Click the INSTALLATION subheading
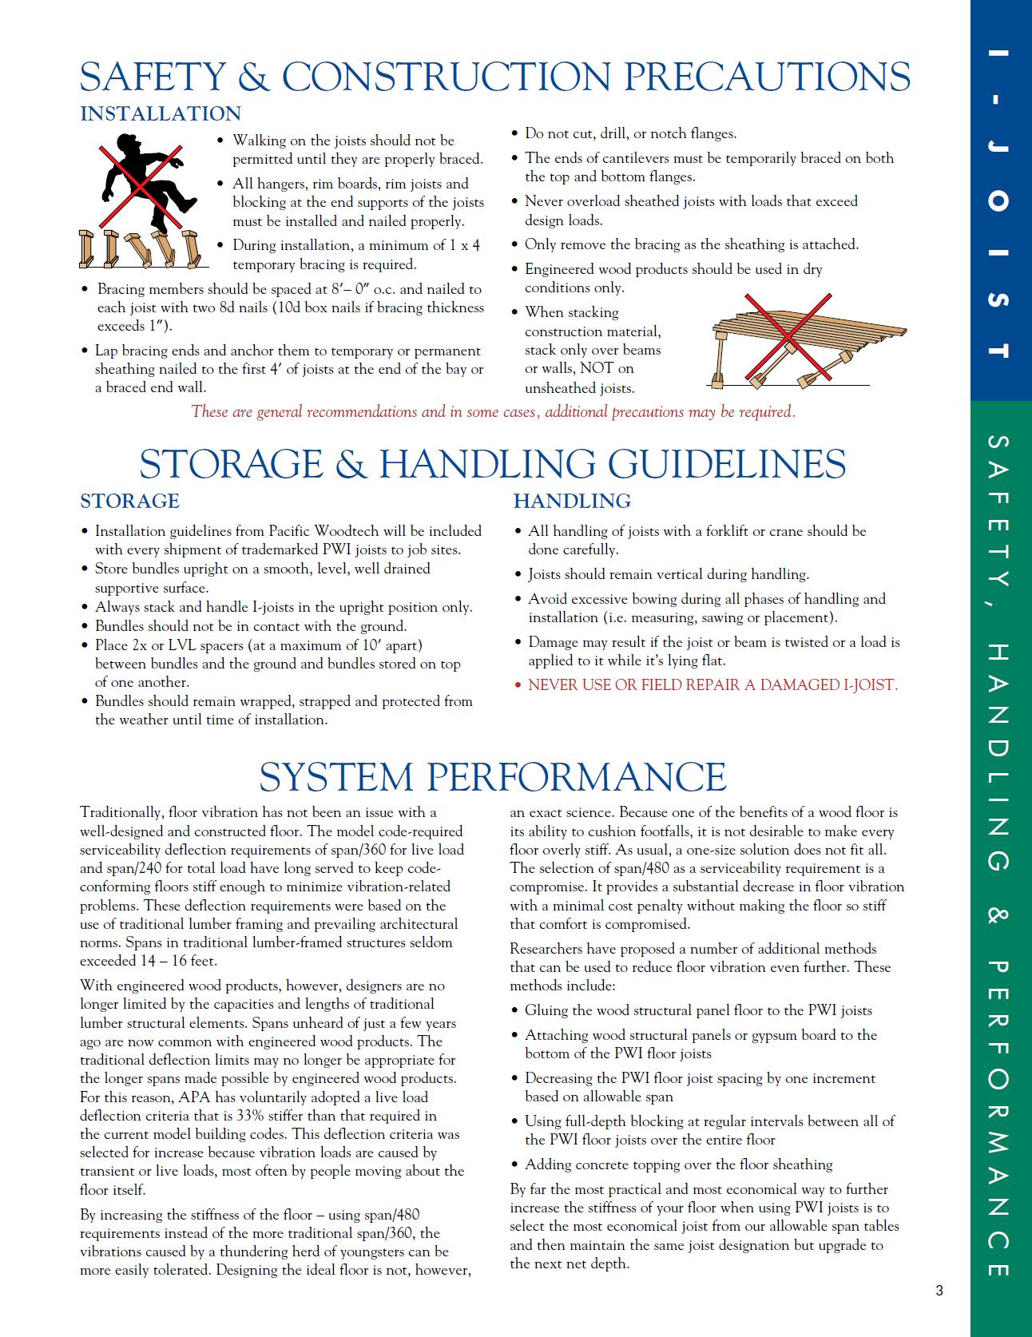pyautogui.click(x=161, y=114)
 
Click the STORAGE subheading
pyautogui.click(x=129, y=501)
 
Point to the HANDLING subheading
pyautogui.click(x=572, y=501)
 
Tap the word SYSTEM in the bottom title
pyautogui.click(x=336, y=776)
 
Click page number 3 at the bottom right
pyautogui.click(x=939, y=1291)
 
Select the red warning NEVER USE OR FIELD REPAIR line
pyautogui.click(x=712, y=685)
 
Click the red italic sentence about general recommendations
pyautogui.click(x=493, y=412)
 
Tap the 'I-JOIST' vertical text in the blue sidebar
pyautogui.click(x=1001, y=200)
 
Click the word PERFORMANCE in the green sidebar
pyautogui.click(x=1001, y=1118)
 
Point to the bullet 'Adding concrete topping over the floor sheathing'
pyautogui.click(x=678, y=1164)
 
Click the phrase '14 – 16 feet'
pyautogui.click(x=178, y=961)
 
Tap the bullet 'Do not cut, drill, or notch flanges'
pyautogui.click(x=630, y=133)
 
